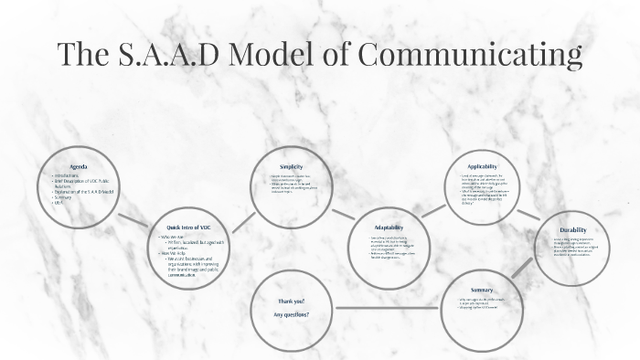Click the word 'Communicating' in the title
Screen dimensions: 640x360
point(469,54)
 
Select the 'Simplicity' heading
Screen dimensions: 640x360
point(291,166)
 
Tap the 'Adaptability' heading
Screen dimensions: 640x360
point(389,227)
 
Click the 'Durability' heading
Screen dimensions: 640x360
point(574,230)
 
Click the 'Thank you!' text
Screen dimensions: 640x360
point(291,301)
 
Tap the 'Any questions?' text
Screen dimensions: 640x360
point(291,314)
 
